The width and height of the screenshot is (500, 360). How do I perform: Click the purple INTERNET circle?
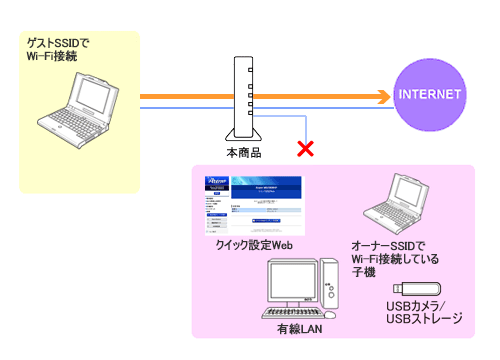(430, 95)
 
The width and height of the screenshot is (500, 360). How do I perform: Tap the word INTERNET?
(430, 95)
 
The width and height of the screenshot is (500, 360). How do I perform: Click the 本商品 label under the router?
(244, 155)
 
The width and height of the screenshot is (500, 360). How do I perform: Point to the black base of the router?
(244, 138)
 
